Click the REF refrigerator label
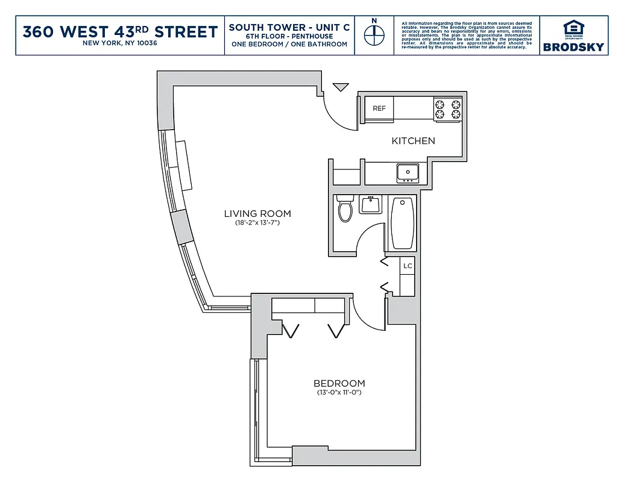click(x=379, y=108)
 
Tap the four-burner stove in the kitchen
click(x=447, y=109)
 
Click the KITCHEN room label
click(x=413, y=141)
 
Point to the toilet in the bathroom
click(x=345, y=208)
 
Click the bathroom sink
click(x=370, y=204)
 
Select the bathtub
click(x=402, y=223)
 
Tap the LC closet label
click(x=408, y=266)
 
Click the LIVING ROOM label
click(x=257, y=213)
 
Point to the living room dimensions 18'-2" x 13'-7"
click(x=257, y=223)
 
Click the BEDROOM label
click(x=339, y=383)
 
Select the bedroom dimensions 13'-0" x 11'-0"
click(x=339, y=393)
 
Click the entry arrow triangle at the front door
click(x=341, y=87)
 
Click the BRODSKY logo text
click(x=573, y=47)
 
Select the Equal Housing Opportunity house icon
click(x=573, y=28)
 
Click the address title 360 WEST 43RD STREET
click(x=120, y=31)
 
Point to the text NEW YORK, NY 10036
click(x=120, y=43)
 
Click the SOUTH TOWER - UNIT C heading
click(x=289, y=28)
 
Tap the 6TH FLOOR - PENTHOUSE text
click(x=289, y=36)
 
